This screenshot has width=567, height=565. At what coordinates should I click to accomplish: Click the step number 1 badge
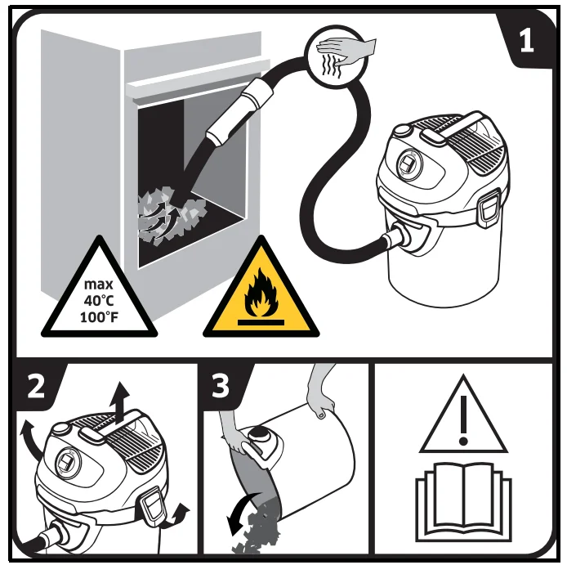[x=526, y=41]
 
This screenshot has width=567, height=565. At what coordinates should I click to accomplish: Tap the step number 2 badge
[x=36, y=387]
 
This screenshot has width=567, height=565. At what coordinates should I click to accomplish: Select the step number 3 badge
[x=221, y=386]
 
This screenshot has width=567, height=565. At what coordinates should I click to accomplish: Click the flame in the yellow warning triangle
[x=261, y=293]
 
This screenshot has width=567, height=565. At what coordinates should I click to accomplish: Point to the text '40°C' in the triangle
[x=99, y=300]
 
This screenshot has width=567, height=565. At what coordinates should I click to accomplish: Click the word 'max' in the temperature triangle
[x=98, y=284]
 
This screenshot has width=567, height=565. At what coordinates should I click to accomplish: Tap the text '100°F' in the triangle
[x=99, y=317]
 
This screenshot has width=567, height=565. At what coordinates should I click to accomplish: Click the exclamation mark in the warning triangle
[x=463, y=419]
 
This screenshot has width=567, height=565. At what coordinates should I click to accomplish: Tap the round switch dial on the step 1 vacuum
[x=409, y=164]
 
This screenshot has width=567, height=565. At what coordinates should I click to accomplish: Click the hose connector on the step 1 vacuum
[x=398, y=236]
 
